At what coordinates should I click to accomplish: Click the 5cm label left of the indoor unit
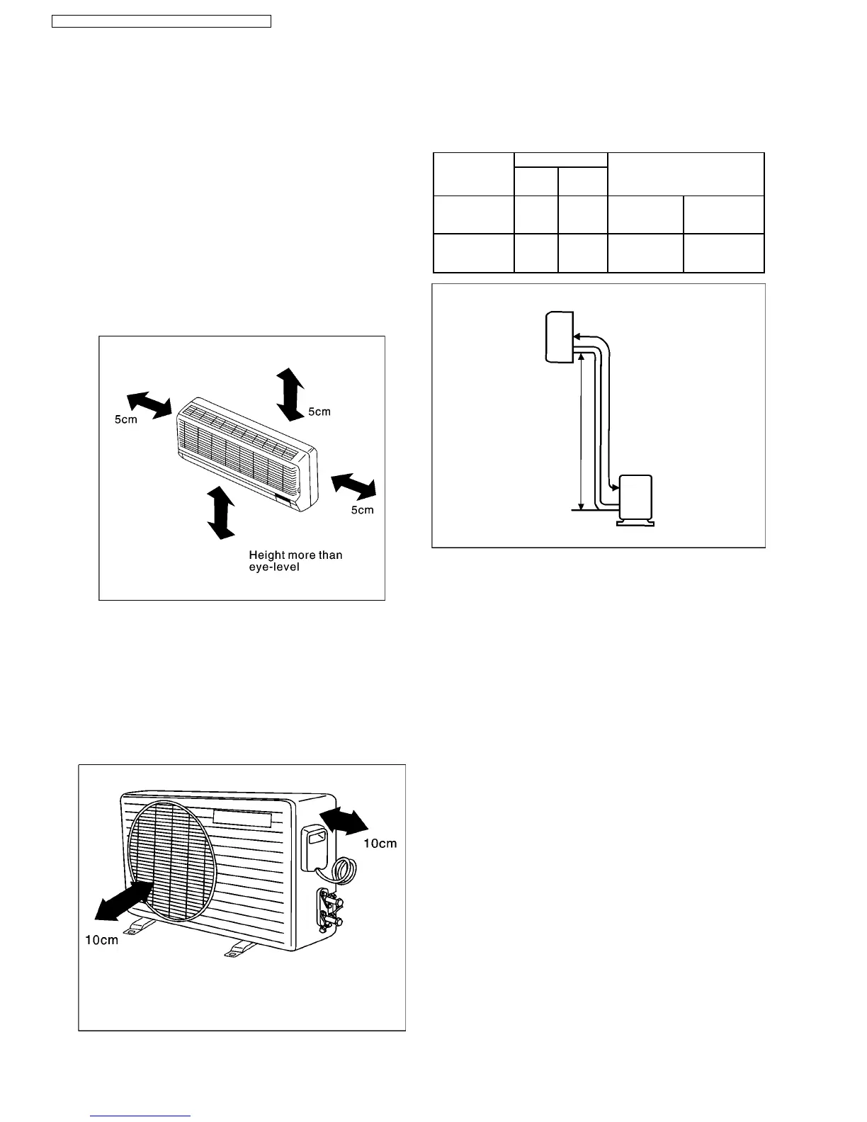coord(126,419)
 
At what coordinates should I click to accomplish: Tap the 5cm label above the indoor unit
coord(319,412)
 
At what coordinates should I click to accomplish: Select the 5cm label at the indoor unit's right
coord(362,510)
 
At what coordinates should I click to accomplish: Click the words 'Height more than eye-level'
coord(295,561)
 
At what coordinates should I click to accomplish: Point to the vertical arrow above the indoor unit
coord(289,394)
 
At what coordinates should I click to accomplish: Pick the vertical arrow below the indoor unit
coord(221,511)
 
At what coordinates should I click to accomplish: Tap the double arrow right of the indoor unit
coord(353,485)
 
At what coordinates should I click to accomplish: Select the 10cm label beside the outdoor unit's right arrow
coord(380,843)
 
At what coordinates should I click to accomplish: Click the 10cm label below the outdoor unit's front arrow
coord(102,940)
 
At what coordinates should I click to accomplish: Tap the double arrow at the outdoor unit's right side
coord(344,822)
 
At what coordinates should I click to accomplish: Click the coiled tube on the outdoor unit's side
coord(345,868)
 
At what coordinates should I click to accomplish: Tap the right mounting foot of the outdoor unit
coord(239,949)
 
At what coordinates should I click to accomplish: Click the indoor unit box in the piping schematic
coord(558,337)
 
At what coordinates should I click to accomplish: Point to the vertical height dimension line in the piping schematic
coord(581,432)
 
